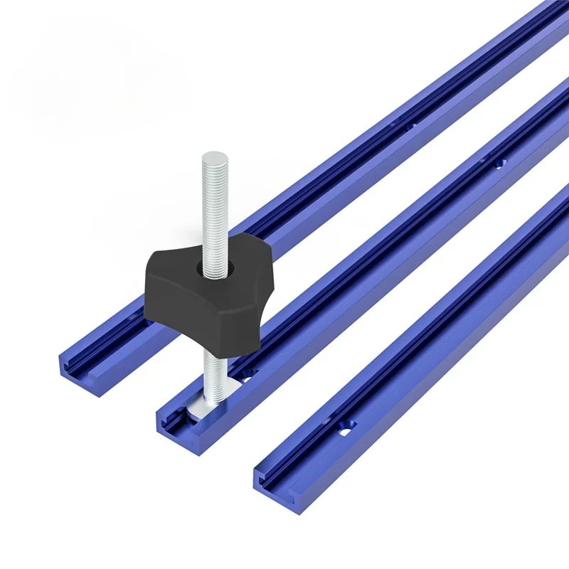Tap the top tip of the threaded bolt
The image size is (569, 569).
point(211,156)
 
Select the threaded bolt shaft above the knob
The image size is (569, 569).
point(212,206)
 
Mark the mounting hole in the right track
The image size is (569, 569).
point(346,427)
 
